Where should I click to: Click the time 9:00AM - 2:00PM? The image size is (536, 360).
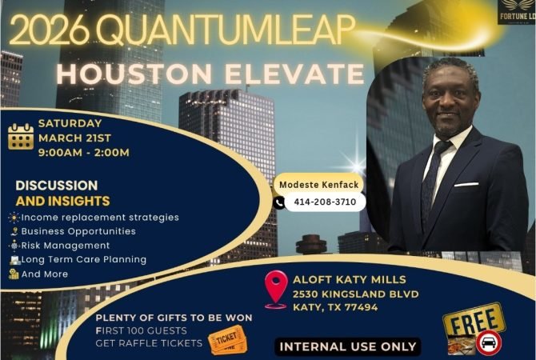[x=84, y=152]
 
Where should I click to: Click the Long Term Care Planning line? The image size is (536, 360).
[x=84, y=259]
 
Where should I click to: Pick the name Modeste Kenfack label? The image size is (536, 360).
[x=318, y=185]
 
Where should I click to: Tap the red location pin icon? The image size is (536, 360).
[x=276, y=288]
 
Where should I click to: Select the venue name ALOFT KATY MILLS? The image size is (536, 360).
[x=350, y=279]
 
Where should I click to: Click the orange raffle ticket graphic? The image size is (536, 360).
[x=227, y=339]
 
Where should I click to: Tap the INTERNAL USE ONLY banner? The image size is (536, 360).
[x=348, y=346]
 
